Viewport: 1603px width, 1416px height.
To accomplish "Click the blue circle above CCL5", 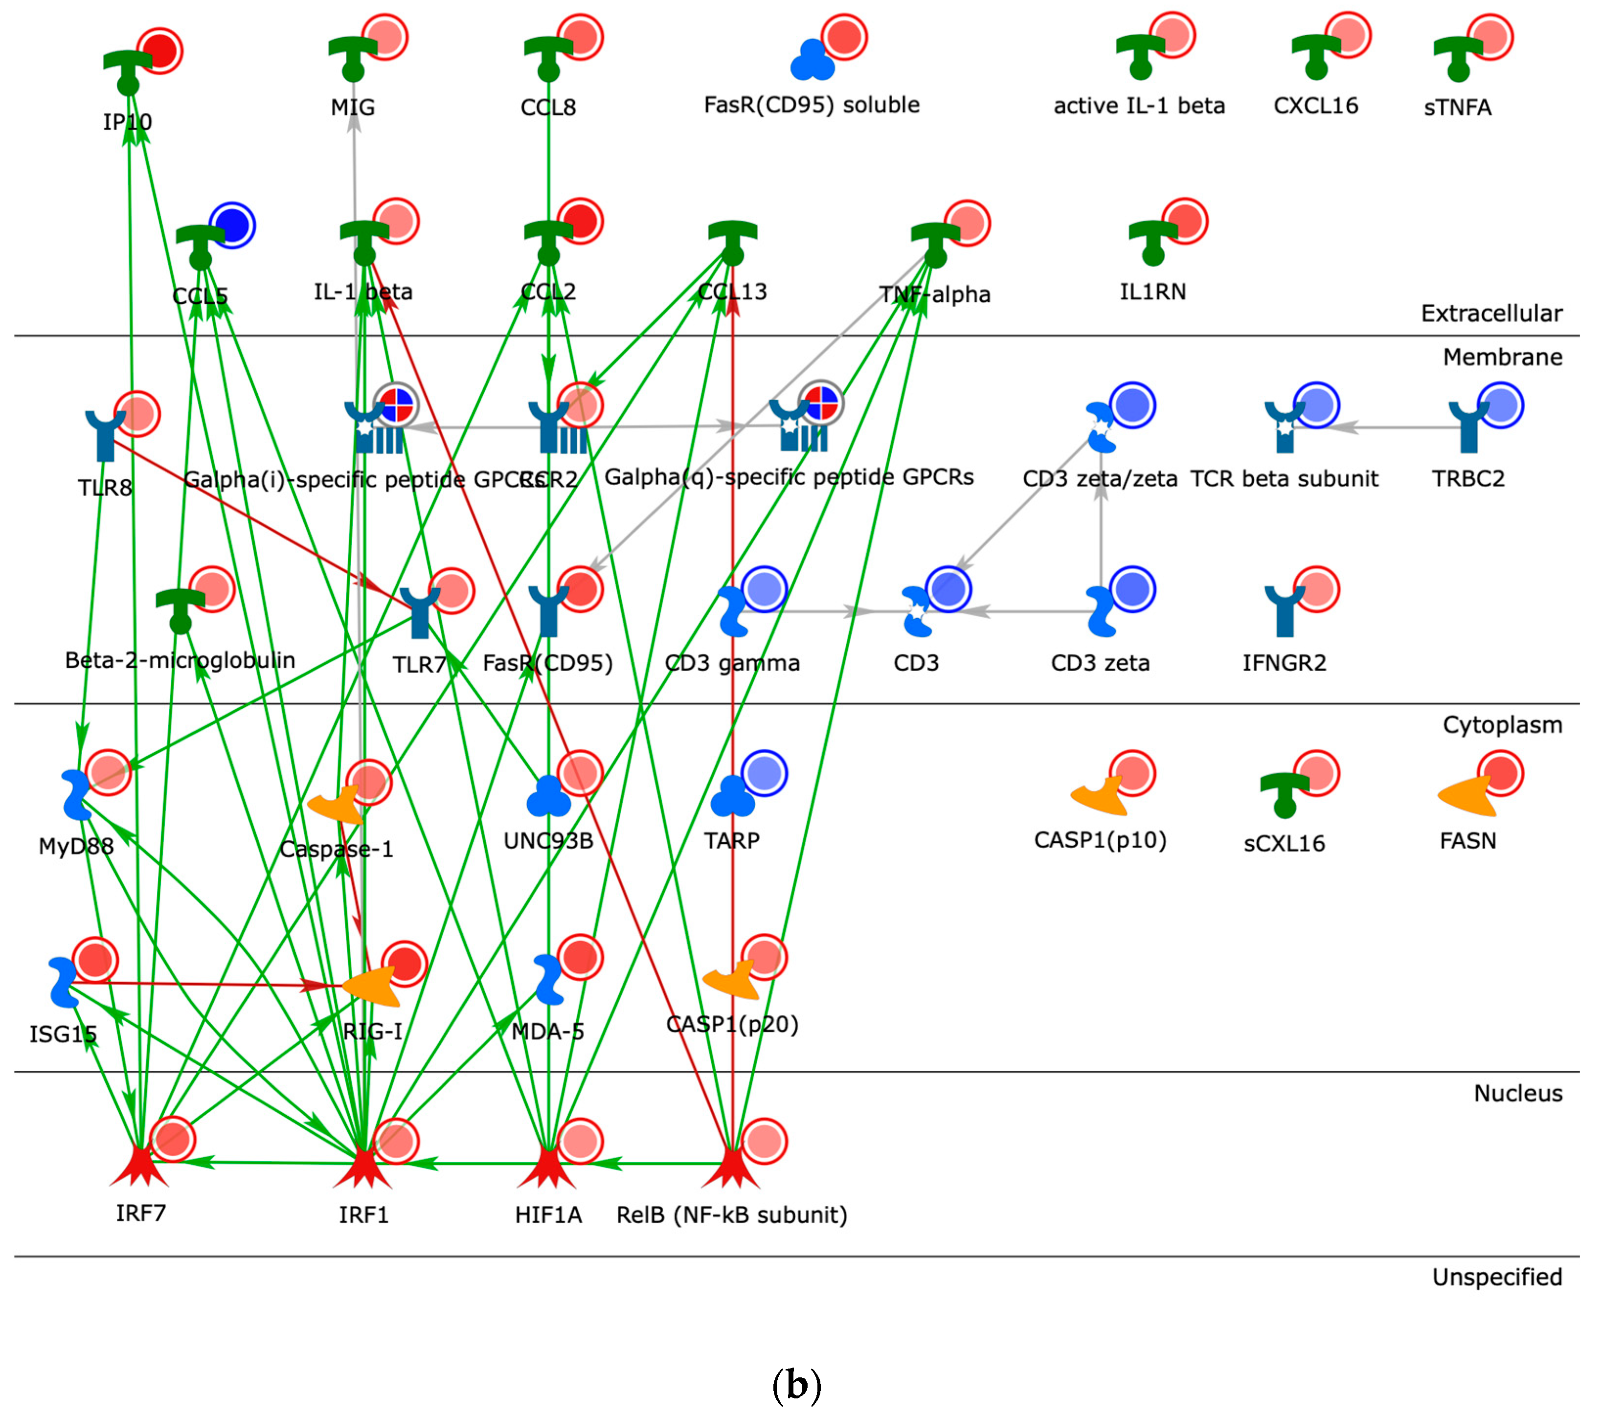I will click(232, 225).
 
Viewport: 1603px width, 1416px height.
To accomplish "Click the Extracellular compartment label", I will click(1491, 314).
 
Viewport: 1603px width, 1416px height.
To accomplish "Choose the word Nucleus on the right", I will click(1517, 1093).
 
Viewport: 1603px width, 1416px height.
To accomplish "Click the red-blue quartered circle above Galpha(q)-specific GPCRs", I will click(821, 404).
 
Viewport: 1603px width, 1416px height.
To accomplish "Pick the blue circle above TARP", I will click(765, 774).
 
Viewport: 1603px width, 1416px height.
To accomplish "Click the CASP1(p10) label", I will click(1100, 840).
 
